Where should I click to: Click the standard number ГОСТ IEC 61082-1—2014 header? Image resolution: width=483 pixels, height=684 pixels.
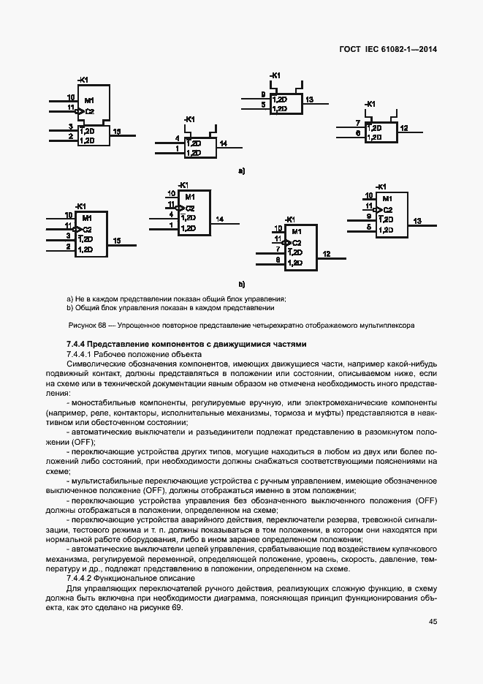point(392,50)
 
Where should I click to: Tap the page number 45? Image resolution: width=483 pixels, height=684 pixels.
point(433,622)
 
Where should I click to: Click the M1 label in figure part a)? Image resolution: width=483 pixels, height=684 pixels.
point(89,100)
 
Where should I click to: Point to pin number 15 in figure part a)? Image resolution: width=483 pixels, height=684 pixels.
point(116,131)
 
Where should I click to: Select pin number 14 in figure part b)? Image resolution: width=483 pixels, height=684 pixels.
point(218,219)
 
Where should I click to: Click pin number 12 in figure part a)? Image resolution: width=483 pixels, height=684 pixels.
point(404,128)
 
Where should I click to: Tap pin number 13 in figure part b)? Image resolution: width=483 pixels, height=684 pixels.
point(417,220)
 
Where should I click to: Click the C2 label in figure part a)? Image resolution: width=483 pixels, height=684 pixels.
point(89,111)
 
